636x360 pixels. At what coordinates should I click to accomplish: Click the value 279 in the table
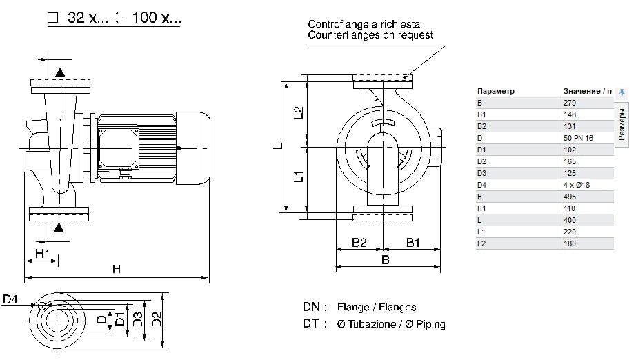pyautogui.click(x=570, y=103)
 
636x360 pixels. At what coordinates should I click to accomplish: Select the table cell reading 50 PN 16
pyautogui.click(x=578, y=138)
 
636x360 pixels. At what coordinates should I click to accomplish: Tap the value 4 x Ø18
pyautogui.click(x=577, y=185)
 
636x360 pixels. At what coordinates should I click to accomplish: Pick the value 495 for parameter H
pyautogui.click(x=570, y=197)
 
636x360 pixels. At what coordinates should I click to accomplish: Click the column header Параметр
pyautogui.click(x=495, y=91)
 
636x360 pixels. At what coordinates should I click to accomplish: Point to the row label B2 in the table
pyautogui.click(x=481, y=126)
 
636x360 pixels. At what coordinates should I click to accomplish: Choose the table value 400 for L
pyautogui.click(x=570, y=220)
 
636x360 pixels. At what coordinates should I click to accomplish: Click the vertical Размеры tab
pyautogui.click(x=622, y=124)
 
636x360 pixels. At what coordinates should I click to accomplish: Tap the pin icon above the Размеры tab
pyautogui.click(x=622, y=92)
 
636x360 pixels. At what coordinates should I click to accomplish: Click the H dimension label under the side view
pyautogui.click(x=117, y=270)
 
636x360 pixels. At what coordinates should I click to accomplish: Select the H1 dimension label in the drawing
pyautogui.click(x=43, y=253)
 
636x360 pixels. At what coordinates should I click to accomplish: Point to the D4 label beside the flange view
pyautogui.click(x=10, y=299)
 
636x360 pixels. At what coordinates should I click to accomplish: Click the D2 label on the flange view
pyautogui.click(x=157, y=319)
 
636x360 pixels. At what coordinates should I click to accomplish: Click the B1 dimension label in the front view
pyautogui.click(x=413, y=243)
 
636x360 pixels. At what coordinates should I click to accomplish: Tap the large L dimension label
pyautogui.click(x=277, y=146)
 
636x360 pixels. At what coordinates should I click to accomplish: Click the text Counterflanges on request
pyautogui.click(x=370, y=35)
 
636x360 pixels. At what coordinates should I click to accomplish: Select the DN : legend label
pyautogui.click(x=315, y=307)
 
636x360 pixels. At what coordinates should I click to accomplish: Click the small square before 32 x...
pyautogui.click(x=52, y=19)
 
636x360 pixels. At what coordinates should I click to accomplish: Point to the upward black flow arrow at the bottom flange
pyautogui.click(x=59, y=227)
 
